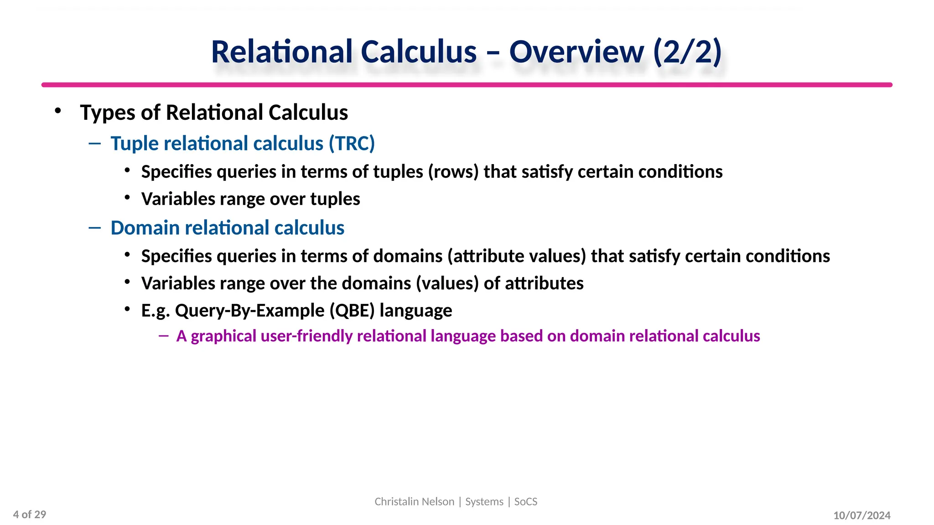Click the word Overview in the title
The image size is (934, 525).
coord(576,51)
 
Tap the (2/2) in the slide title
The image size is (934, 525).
coord(688,51)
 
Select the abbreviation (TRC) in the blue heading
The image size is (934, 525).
coord(352,144)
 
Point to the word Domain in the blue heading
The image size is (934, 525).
coord(145,228)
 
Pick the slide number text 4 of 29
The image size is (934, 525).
coord(30,515)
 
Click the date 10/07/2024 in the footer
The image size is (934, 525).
coord(861,515)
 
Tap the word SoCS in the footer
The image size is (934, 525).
coord(525,502)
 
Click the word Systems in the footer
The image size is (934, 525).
coord(484,502)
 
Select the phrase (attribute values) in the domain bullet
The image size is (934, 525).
coord(516,256)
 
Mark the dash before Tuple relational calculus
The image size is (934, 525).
coord(95,144)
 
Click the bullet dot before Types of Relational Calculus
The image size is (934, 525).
coord(57,111)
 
